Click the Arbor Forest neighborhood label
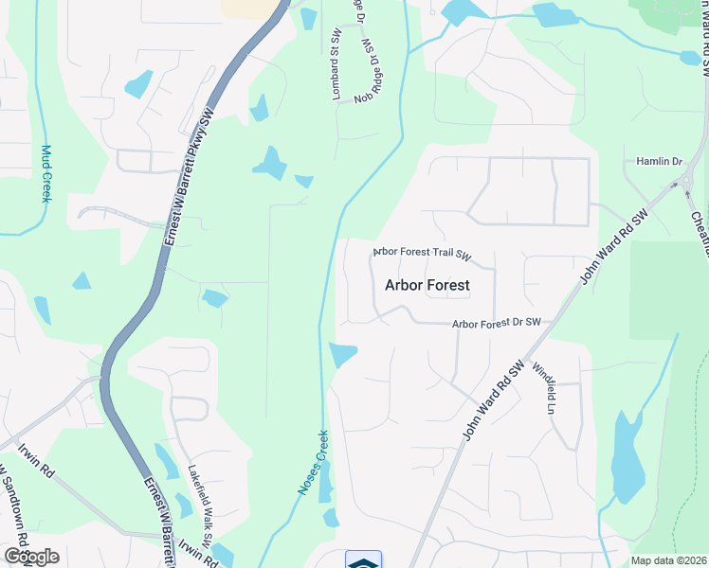[427, 284]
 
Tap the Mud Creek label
[45, 172]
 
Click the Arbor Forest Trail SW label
[422, 253]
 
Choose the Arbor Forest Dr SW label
[496, 324]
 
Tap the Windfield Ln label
[542, 388]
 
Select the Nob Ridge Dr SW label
[371, 72]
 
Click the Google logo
[30, 557]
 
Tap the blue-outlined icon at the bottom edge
[363, 559]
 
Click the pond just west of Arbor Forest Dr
[341, 355]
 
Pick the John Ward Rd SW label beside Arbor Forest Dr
[493, 399]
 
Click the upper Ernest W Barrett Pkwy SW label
[189, 178]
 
